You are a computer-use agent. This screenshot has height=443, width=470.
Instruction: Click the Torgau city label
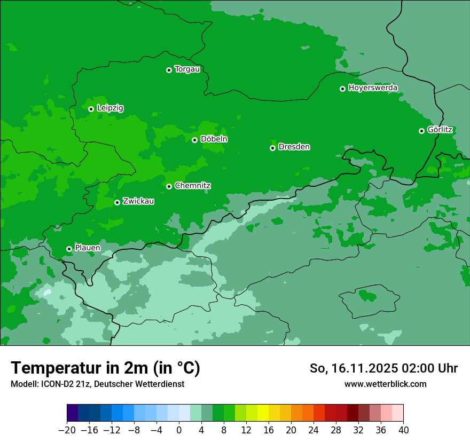187,69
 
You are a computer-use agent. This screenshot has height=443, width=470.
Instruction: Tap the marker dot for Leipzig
91,109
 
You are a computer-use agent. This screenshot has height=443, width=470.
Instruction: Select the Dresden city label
294,147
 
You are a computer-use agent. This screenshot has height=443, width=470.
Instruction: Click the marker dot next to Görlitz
421,131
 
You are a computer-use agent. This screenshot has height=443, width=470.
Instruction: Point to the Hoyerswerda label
373,88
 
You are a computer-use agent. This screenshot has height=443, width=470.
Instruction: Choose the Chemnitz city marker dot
169,186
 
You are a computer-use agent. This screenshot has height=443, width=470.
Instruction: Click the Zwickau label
138,201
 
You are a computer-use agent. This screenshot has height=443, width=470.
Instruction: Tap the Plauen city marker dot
69,249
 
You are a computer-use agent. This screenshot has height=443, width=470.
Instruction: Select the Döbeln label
214,139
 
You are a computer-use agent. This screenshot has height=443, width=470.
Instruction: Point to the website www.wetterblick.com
385,384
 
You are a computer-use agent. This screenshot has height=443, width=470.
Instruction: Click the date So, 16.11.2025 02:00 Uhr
383,368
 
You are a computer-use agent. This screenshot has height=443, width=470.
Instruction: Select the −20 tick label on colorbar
67,430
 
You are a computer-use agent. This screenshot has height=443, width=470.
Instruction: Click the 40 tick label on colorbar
403,430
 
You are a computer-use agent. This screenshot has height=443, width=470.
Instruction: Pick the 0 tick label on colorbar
179,430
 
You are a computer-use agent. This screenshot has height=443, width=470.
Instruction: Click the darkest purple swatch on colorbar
73,413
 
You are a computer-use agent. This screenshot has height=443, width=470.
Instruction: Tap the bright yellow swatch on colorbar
263,413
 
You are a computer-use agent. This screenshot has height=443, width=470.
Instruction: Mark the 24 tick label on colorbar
314,430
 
